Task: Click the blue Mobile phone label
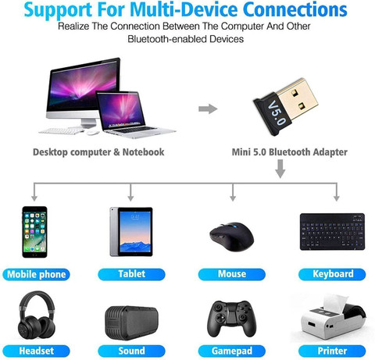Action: click(36, 274)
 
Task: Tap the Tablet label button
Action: click(131, 274)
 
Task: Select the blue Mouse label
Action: click(232, 274)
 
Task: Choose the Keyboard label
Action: click(332, 274)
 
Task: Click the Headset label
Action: click(36, 351)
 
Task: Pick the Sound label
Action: click(131, 351)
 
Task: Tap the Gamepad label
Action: click(232, 351)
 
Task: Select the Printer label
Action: click(332, 351)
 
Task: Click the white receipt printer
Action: click(330, 319)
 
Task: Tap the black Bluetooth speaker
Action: click(131, 323)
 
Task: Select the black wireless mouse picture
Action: click(232, 237)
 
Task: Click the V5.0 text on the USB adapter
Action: click(277, 113)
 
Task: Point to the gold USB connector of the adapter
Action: click(298, 99)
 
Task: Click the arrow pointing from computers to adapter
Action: click(208, 109)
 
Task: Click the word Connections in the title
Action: click(295, 10)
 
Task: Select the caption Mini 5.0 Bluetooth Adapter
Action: click(290, 152)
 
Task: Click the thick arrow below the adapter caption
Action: click(280, 169)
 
